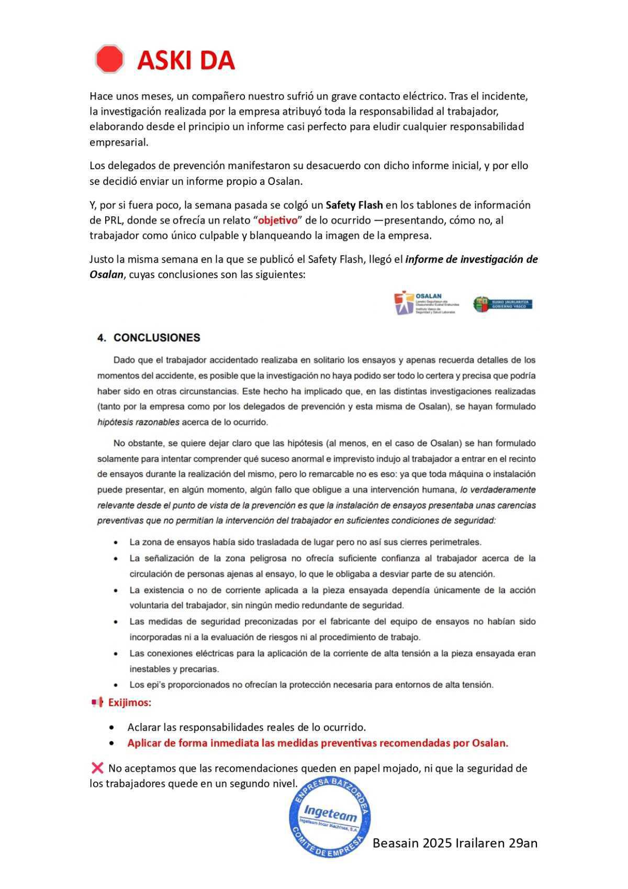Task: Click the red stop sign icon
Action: point(109,59)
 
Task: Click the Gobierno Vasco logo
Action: point(502,304)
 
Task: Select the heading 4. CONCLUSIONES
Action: point(149,338)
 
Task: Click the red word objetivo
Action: point(277,220)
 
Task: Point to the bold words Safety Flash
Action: point(354,205)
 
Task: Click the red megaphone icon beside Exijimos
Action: point(97,703)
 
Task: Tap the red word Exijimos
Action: point(129,703)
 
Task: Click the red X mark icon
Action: point(97,768)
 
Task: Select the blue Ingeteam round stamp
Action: point(329,818)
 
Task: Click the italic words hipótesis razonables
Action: point(138,422)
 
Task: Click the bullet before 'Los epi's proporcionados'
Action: point(115,685)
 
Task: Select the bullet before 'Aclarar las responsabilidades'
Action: point(112,728)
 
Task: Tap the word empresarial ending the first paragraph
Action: point(118,142)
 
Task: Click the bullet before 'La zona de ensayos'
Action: point(115,543)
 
